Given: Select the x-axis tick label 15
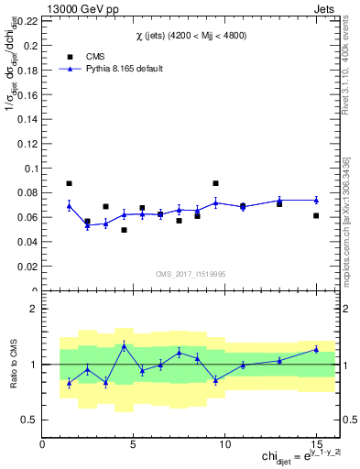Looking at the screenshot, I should pyautogui.click(x=316, y=443).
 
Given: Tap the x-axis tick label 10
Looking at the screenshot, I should pyautogui.click(x=224, y=443).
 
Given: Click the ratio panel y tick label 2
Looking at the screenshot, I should pyautogui.click(x=34, y=309).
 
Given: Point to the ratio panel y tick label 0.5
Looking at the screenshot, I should pyautogui.click(x=30, y=420).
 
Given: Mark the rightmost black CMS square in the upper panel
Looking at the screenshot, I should pyautogui.click(x=316, y=216).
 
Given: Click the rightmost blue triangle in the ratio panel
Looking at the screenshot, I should pyautogui.click(x=316, y=349).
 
